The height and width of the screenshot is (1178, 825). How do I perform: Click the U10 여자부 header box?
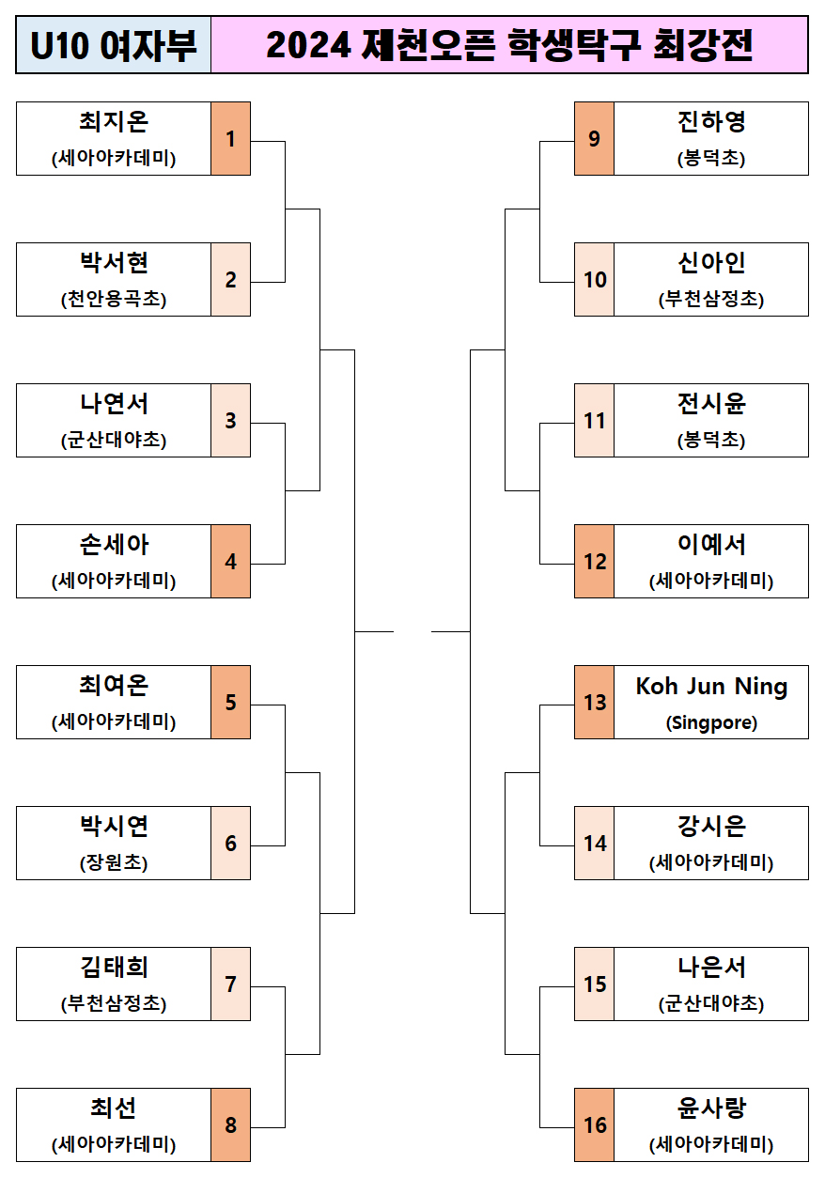[114, 45]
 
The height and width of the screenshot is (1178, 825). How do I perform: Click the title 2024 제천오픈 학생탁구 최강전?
[509, 45]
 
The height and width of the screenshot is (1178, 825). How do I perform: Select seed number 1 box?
[231, 139]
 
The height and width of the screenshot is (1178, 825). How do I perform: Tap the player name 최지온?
[114, 123]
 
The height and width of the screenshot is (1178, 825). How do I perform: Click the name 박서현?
[114, 264]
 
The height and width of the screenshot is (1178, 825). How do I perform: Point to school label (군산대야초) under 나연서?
[114, 441]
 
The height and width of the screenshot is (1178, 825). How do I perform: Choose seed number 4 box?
[231, 562]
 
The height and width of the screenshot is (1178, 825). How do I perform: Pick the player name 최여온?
[114, 687]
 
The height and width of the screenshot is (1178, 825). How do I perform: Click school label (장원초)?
[114, 863]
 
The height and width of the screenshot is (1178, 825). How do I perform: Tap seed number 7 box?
[231, 984]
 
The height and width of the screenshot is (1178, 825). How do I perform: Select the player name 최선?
[114, 1109]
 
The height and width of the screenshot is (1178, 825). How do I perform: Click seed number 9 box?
[594, 139]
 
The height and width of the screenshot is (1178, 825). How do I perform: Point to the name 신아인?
[711, 264]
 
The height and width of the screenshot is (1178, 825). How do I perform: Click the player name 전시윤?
[711, 405]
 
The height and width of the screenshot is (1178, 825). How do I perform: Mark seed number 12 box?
[594, 562]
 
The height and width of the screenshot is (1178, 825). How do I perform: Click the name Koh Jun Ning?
[711, 687]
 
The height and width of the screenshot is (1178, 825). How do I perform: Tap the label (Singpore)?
[711, 723]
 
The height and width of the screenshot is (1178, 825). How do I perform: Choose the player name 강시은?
[711, 828]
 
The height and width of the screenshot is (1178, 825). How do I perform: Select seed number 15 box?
[594, 984]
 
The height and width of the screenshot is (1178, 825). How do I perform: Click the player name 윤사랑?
[711, 1109]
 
